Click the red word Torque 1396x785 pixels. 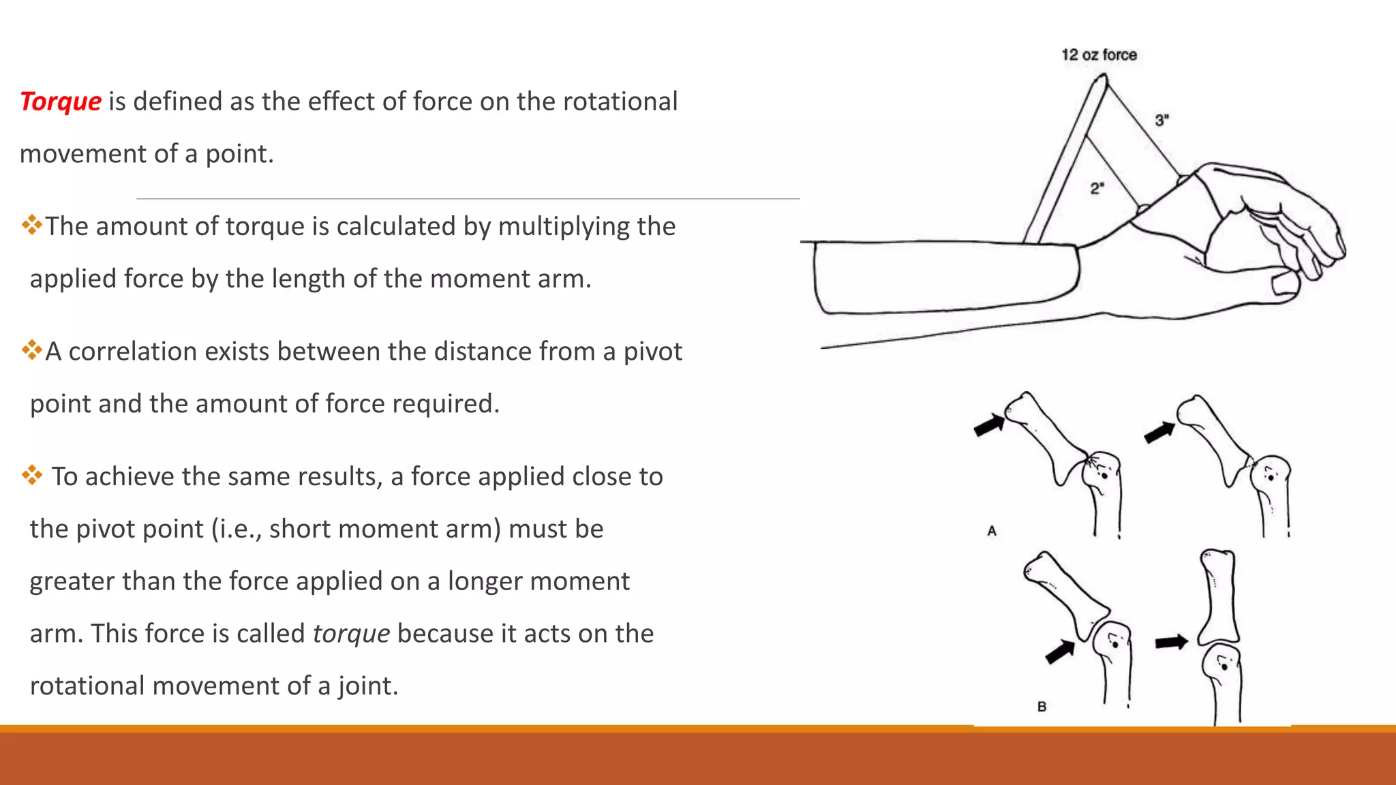pyautogui.click(x=61, y=102)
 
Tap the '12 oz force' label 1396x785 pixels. pyautogui.click(x=1099, y=55)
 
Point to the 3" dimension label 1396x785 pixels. pyautogui.click(x=1162, y=121)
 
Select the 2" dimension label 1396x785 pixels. pyautogui.click(x=1097, y=188)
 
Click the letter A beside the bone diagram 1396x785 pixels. pyautogui.click(x=992, y=531)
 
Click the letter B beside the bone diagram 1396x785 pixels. pyautogui.click(x=1042, y=707)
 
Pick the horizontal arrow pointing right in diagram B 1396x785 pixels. pyautogui.click(x=1171, y=642)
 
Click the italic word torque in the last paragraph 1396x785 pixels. pyautogui.click(x=351, y=634)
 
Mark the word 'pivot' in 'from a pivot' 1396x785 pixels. pyautogui.click(x=652, y=352)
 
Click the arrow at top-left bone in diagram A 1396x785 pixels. pyautogui.click(x=988, y=426)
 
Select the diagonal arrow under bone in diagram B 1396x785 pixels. pyautogui.click(x=1060, y=651)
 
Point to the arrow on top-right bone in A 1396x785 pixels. pyautogui.click(x=1159, y=432)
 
